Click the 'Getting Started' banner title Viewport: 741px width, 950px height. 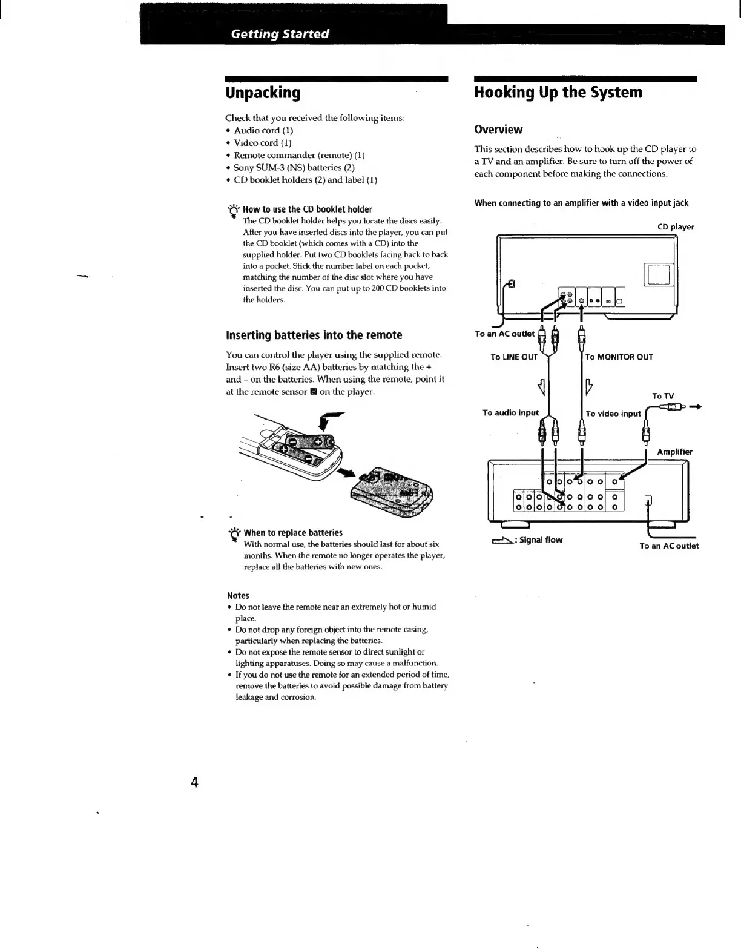[280, 34]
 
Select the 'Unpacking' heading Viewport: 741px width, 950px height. [263, 93]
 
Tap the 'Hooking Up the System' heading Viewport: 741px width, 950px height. [558, 93]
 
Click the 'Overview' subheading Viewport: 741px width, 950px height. [498, 129]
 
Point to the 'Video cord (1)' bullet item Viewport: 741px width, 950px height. [263, 143]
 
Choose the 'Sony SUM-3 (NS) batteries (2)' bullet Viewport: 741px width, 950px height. [294, 168]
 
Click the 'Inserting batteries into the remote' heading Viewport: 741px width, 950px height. [314, 335]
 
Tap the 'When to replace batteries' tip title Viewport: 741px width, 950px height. [293, 533]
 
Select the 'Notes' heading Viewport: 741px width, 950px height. [238, 595]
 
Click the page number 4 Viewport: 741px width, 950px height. [194, 782]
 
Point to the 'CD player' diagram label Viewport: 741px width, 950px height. [676, 227]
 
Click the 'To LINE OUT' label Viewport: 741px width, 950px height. [514, 357]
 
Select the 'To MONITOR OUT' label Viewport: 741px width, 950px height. [619, 357]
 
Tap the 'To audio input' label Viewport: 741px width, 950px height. [510, 413]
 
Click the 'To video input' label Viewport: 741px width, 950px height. [613, 414]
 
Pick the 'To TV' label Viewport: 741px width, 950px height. [663, 396]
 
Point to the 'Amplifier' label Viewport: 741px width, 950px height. [674, 452]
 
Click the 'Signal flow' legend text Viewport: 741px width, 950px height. [541, 540]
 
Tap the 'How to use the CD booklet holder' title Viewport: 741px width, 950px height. [307, 209]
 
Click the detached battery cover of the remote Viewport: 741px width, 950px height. [394, 492]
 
